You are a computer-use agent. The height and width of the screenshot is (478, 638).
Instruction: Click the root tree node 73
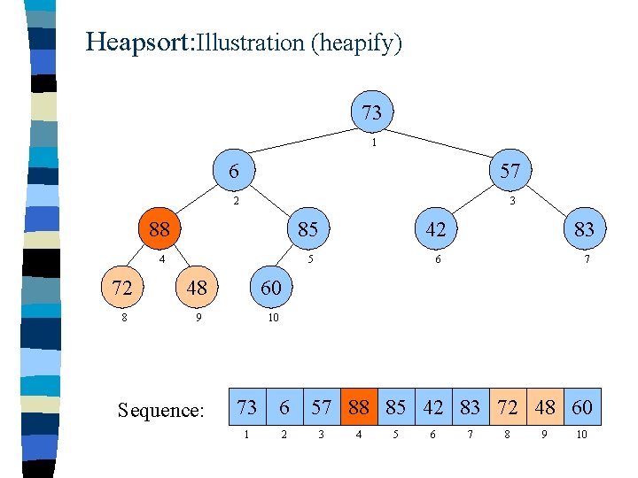pyautogui.click(x=372, y=112)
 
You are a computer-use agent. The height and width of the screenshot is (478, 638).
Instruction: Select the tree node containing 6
pyautogui.click(x=233, y=171)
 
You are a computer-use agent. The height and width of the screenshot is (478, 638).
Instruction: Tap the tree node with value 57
pyautogui.click(x=510, y=171)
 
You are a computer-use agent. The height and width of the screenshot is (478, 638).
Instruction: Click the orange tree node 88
pyautogui.click(x=159, y=229)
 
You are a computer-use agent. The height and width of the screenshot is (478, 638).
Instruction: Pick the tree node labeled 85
pyautogui.click(x=307, y=229)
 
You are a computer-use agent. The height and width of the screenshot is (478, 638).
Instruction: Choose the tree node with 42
pyautogui.click(x=435, y=229)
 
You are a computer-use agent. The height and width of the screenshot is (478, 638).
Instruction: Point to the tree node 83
pyautogui.click(x=583, y=229)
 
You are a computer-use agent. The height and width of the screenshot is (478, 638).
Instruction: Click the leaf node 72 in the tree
pyautogui.click(x=121, y=288)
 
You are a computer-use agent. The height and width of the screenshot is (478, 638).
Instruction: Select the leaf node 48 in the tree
pyautogui.click(x=196, y=288)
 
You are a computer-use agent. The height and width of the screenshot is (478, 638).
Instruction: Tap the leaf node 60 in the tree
pyautogui.click(x=271, y=288)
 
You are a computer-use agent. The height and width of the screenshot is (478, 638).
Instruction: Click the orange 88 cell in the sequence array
pyautogui.click(x=359, y=407)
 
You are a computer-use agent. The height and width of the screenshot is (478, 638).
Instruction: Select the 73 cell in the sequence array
pyautogui.click(x=247, y=407)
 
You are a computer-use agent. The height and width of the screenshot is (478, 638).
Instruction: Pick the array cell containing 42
pyautogui.click(x=433, y=407)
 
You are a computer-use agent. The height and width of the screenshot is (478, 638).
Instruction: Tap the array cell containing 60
pyautogui.click(x=582, y=407)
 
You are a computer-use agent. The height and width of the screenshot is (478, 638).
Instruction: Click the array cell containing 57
pyautogui.click(x=322, y=407)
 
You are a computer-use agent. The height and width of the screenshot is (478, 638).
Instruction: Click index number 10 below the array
pyautogui.click(x=581, y=435)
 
